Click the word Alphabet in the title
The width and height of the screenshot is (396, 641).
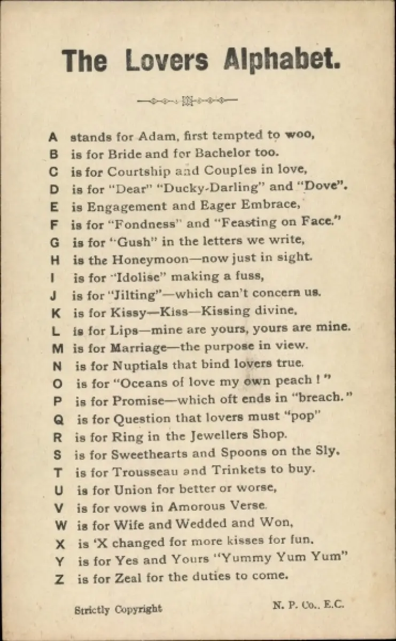tap(282, 60)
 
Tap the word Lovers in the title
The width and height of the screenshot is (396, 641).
tap(167, 60)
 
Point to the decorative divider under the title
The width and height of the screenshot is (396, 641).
tap(188, 100)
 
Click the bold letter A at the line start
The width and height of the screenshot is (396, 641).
tap(52, 137)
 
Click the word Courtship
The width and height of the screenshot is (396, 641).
tap(139, 171)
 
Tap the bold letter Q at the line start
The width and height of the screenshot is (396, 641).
tap(58, 420)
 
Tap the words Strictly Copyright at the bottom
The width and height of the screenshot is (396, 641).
tap(118, 608)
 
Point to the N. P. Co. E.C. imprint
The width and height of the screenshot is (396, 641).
tap(309, 605)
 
